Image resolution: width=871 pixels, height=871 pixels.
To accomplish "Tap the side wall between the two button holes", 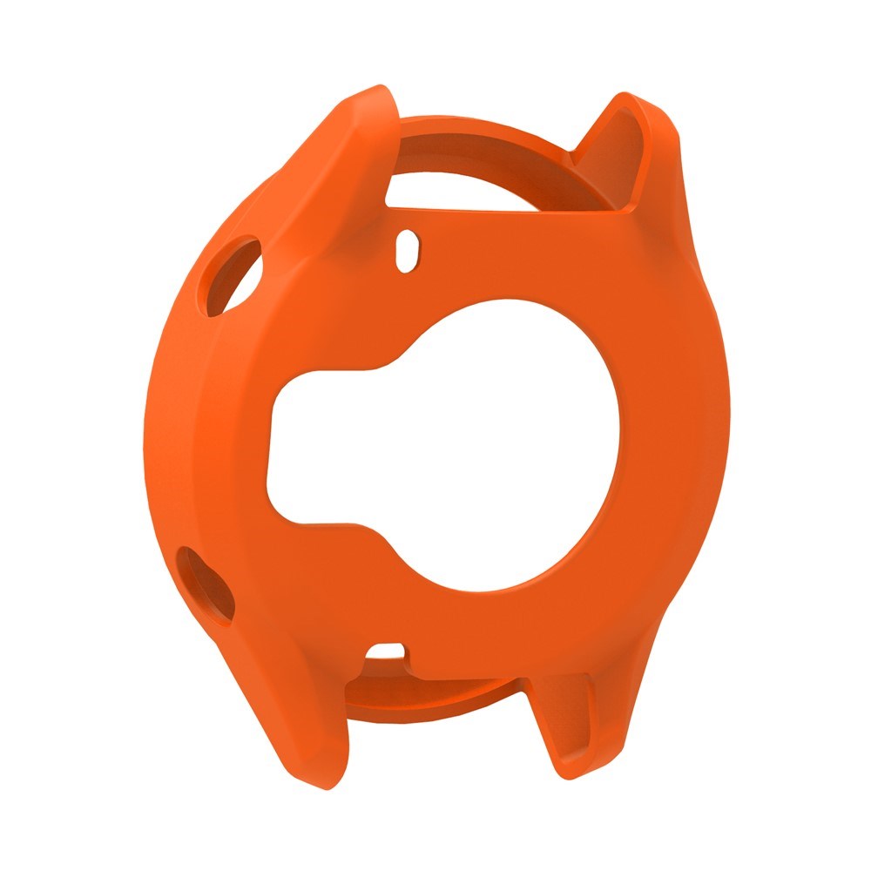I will pos(174,418).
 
